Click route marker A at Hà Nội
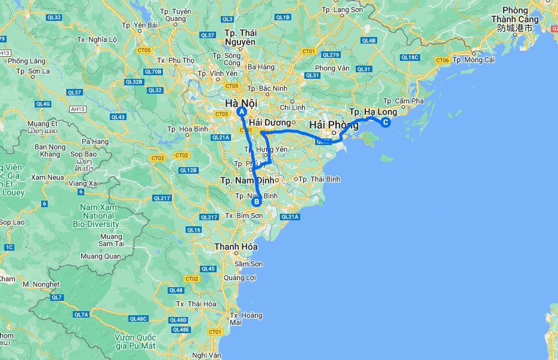[242, 112]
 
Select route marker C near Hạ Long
[385, 123]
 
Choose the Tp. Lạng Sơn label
[342, 10]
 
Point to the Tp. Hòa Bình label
[187, 129]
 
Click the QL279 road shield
[330, 55]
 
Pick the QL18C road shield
[411, 57]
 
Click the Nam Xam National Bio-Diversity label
[99, 216]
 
